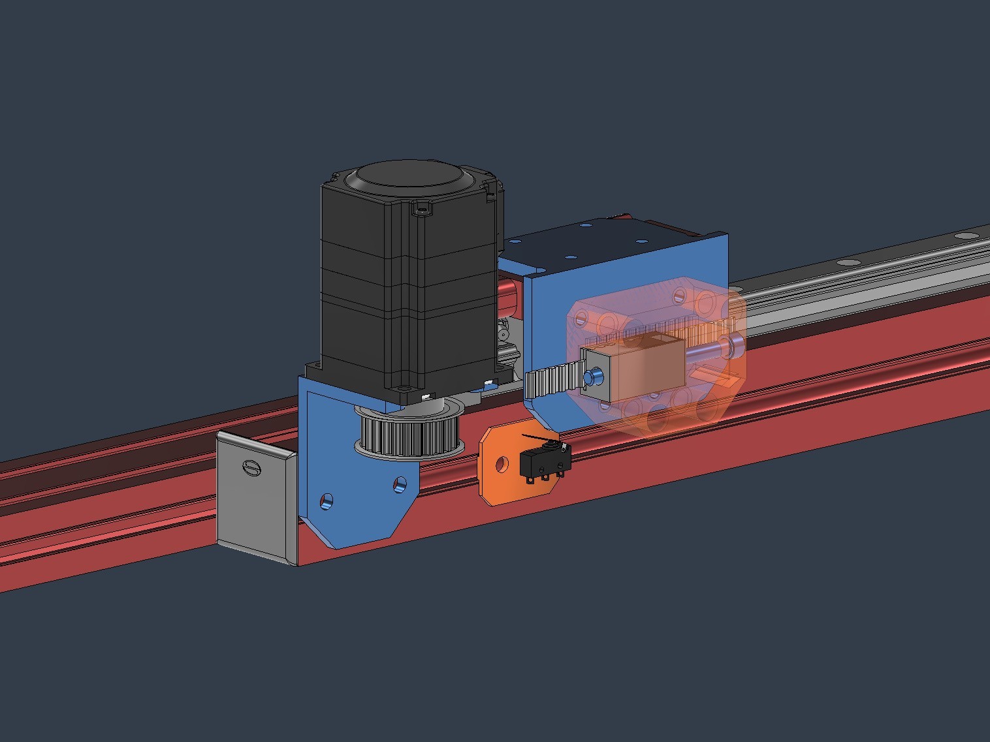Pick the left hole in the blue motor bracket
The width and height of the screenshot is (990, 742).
point(326,501)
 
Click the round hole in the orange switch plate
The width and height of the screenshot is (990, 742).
point(502,465)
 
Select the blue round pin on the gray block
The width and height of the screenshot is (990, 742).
point(594,377)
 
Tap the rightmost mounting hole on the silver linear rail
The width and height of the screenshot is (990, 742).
point(963,234)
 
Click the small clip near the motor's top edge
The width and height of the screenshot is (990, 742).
point(422,210)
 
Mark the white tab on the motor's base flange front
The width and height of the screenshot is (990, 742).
point(426,397)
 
